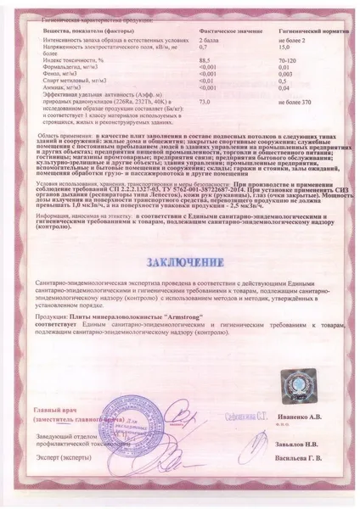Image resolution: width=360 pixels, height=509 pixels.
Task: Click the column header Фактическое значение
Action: coord(226,29)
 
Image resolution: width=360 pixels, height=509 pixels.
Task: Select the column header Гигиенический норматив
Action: coord(301,29)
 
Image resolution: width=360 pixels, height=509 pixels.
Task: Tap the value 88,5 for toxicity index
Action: coord(205,60)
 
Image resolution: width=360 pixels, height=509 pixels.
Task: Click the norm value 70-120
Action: coord(290,60)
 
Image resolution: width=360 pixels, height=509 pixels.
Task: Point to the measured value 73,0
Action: coord(205,100)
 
